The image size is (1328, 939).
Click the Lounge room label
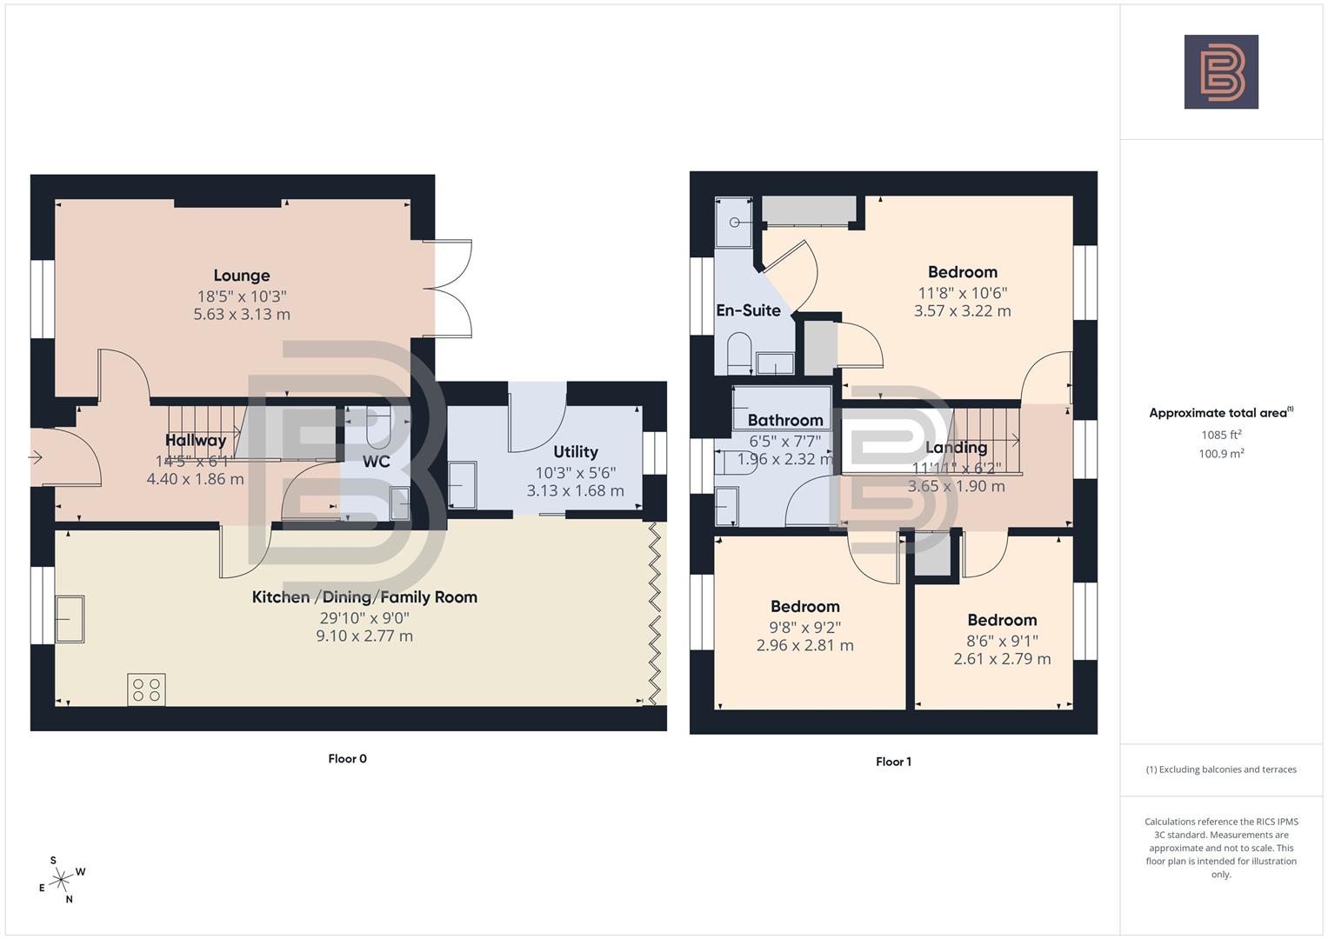(x=242, y=276)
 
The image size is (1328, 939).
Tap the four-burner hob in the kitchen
(x=146, y=689)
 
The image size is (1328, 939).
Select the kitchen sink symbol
(x=70, y=619)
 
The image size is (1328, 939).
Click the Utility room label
(x=575, y=451)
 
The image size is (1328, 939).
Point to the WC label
(x=376, y=462)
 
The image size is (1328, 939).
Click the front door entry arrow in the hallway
(x=36, y=456)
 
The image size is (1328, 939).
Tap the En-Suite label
(x=748, y=310)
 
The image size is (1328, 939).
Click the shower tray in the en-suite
(x=732, y=222)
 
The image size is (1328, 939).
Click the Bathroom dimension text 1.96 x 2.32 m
(x=785, y=459)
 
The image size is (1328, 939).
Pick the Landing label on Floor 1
(x=956, y=448)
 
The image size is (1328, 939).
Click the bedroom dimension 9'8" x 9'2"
(x=804, y=627)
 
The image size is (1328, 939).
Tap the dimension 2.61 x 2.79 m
(x=1002, y=659)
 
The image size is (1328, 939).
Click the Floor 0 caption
(x=347, y=758)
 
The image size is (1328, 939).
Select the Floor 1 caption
(x=893, y=762)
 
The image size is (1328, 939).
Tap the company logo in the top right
(x=1221, y=72)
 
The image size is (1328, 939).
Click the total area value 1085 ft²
(x=1221, y=435)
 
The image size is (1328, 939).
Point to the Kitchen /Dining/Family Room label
(x=364, y=596)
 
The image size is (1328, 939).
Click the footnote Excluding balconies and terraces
(x=1221, y=769)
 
